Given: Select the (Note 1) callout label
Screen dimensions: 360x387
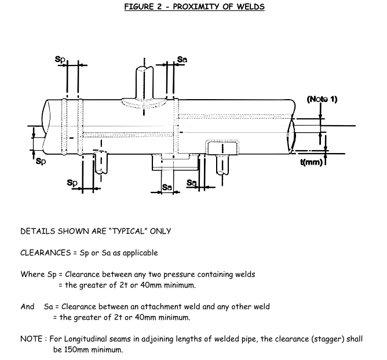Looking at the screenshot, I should pos(322,99).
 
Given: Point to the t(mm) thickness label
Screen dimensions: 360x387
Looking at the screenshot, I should pos(311,162).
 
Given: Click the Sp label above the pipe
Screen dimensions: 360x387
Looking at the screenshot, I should pos(60,59).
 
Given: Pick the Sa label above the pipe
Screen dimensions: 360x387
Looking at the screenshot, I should pos(182,59).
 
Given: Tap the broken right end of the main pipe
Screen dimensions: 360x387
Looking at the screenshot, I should pos(294,133).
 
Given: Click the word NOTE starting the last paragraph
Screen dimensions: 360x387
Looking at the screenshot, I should pos(31,339).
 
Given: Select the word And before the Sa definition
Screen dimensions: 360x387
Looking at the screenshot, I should pos(27,307).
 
